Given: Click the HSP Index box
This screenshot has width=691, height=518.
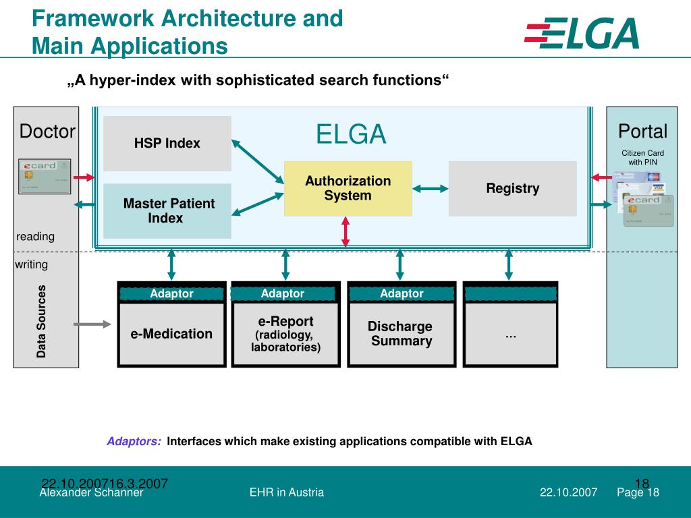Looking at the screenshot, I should [x=167, y=144].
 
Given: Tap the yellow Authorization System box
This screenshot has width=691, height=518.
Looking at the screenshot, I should [x=348, y=188].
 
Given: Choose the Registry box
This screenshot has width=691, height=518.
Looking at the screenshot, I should [x=512, y=188].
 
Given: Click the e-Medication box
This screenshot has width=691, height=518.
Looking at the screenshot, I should [x=171, y=334].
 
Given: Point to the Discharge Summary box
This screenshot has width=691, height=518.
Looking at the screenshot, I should [x=401, y=334].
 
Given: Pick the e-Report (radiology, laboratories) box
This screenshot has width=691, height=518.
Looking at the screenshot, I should [x=285, y=334].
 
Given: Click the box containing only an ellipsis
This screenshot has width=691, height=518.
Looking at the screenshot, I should [x=511, y=334].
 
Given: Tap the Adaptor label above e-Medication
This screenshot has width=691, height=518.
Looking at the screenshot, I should [x=171, y=293].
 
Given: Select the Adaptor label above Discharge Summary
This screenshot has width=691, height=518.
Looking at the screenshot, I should [x=402, y=293].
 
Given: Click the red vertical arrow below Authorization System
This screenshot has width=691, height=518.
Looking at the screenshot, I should [x=345, y=231].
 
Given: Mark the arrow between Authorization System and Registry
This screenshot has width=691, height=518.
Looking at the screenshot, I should [x=431, y=189].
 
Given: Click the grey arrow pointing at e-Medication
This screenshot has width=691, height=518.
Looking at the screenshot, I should [x=92, y=324].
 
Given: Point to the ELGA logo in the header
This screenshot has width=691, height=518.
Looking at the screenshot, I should [x=582, y=34].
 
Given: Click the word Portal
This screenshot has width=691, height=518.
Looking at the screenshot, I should [x=642, y=131].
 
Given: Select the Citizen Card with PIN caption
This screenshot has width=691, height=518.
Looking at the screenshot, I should [x=642, y=157].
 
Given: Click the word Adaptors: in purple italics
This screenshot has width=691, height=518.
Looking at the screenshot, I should [x=134, y=442].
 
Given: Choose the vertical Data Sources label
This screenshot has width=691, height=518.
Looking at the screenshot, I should [x=42, y=321].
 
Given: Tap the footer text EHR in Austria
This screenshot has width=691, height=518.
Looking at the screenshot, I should [x=287, y=492].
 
